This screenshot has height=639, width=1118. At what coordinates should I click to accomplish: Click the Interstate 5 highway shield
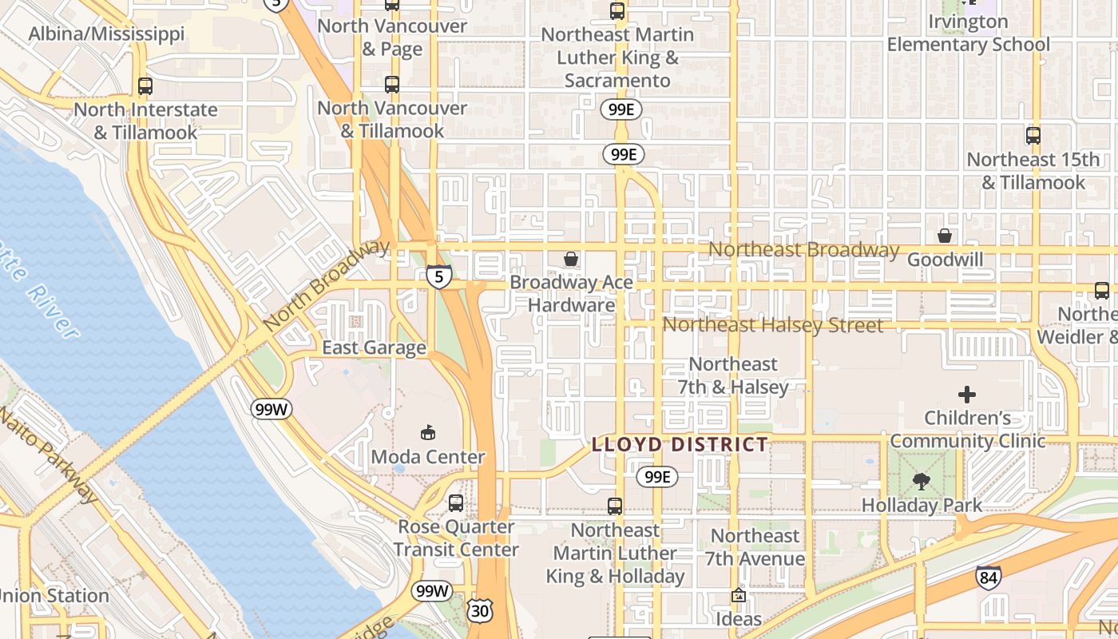(x=438, y=276)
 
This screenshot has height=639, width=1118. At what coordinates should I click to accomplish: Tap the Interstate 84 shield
(x=988, y=577)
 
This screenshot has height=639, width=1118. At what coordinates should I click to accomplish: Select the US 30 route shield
(x=480, y=611)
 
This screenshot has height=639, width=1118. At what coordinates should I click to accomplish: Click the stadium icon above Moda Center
(x=428, y=432)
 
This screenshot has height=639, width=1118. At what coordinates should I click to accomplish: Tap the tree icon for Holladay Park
(x=921, y=481)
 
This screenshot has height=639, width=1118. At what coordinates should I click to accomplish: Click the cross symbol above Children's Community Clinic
(x=967, y=394)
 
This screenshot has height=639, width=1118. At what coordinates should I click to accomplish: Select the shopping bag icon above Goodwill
(x=945, y=236)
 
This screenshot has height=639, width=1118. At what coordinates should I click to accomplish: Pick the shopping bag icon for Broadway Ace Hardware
(x=571, y=259)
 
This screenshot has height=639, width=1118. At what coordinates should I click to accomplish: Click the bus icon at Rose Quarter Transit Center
(x=455, y=503)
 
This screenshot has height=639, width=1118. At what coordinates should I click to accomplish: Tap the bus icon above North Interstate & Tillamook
(x=145, y=85)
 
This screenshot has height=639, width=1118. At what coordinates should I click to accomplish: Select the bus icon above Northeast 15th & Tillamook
(x=1033, y=136)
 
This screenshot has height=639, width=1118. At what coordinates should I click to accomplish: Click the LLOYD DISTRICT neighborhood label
(x=680, y=445)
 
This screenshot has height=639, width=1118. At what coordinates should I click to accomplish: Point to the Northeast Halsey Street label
(x=773, y=325)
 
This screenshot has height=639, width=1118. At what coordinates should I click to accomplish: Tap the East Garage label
(x=374, y=348)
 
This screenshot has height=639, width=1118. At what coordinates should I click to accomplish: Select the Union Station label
(x=53, y=596)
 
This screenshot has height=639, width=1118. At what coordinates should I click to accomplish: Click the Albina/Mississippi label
(x=106, y=34)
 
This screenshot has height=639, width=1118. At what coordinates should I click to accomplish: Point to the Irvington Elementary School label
(x=968, y=34)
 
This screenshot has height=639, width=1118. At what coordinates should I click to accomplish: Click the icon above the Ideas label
(x=739, y=595)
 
